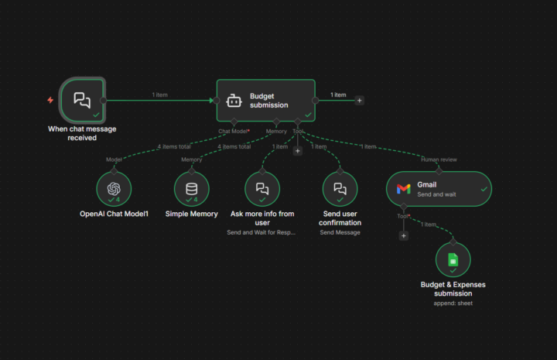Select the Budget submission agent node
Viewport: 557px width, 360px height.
tap(265, 100)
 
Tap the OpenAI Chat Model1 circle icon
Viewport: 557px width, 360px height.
tap(114, 189)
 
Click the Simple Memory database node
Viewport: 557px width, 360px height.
tap(191, 189)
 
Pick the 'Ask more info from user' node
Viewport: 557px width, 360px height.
tap(262, 189)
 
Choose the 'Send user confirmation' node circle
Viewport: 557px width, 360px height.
tap(340, 189)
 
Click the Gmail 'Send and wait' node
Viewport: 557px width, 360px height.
tap(439, 189)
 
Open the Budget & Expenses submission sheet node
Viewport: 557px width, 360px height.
tap(453, 260)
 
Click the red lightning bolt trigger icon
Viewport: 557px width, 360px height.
tap(50, 100)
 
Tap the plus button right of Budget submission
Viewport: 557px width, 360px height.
tap(359, 100)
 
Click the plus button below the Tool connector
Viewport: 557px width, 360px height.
tap(297, 151)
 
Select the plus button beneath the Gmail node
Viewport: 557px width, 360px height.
tap(403, 235)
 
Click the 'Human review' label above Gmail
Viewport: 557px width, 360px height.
tap(439, 160)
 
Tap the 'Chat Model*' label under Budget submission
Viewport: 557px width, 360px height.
tap(234, 131)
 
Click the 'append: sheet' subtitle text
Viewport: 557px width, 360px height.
tap(453, 303)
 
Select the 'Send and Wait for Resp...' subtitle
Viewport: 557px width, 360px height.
tap(262, 232)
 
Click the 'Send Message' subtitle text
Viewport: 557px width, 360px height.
tap(340, 232)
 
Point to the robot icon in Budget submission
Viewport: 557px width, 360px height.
tap(234, 101)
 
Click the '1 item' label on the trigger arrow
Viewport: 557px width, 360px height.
tap(159, 94)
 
